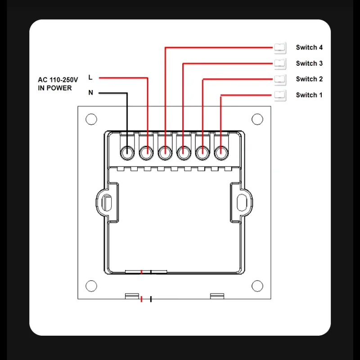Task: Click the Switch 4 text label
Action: tap(309, 48)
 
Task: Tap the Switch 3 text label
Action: tap(309, 63)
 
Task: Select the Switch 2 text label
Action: tap(309, 79)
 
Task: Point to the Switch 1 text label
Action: tap(309, 95)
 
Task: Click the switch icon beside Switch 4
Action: tap(280, 48)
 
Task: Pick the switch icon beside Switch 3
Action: tap(280, 63)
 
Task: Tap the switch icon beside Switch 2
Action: tap(280, 80)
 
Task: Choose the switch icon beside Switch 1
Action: tap(280, 95)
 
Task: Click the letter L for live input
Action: tap(90, 77)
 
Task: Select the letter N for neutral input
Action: tap(91, 93)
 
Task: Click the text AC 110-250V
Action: tap(58, 80)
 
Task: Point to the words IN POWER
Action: tap(55, 88)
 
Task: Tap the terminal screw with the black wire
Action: tap(127, 153)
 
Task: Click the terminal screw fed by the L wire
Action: tap(146, 153)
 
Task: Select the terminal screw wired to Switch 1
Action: tap(221, 153)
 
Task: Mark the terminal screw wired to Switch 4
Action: tap(165, 153)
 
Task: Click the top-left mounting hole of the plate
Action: tap(91, 119)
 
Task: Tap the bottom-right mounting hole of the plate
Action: tap(257, 286)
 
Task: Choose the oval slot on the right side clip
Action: tap(242, 202)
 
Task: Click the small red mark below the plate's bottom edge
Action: tap(141, 299)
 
